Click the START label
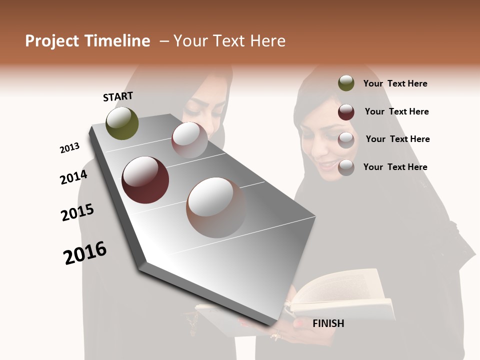118,96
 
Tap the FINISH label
328,323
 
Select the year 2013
69,148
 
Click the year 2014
73,177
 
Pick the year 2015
77,212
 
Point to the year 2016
85,253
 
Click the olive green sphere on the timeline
122,123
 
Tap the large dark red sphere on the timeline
145,180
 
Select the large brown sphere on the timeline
216,207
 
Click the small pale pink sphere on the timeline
189,140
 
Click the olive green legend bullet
346,83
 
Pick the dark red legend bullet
346,112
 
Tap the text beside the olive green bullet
395,83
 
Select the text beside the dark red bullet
396,111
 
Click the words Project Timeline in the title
87,41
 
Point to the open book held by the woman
340,295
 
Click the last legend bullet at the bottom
346,167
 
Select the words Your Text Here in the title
229,41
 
